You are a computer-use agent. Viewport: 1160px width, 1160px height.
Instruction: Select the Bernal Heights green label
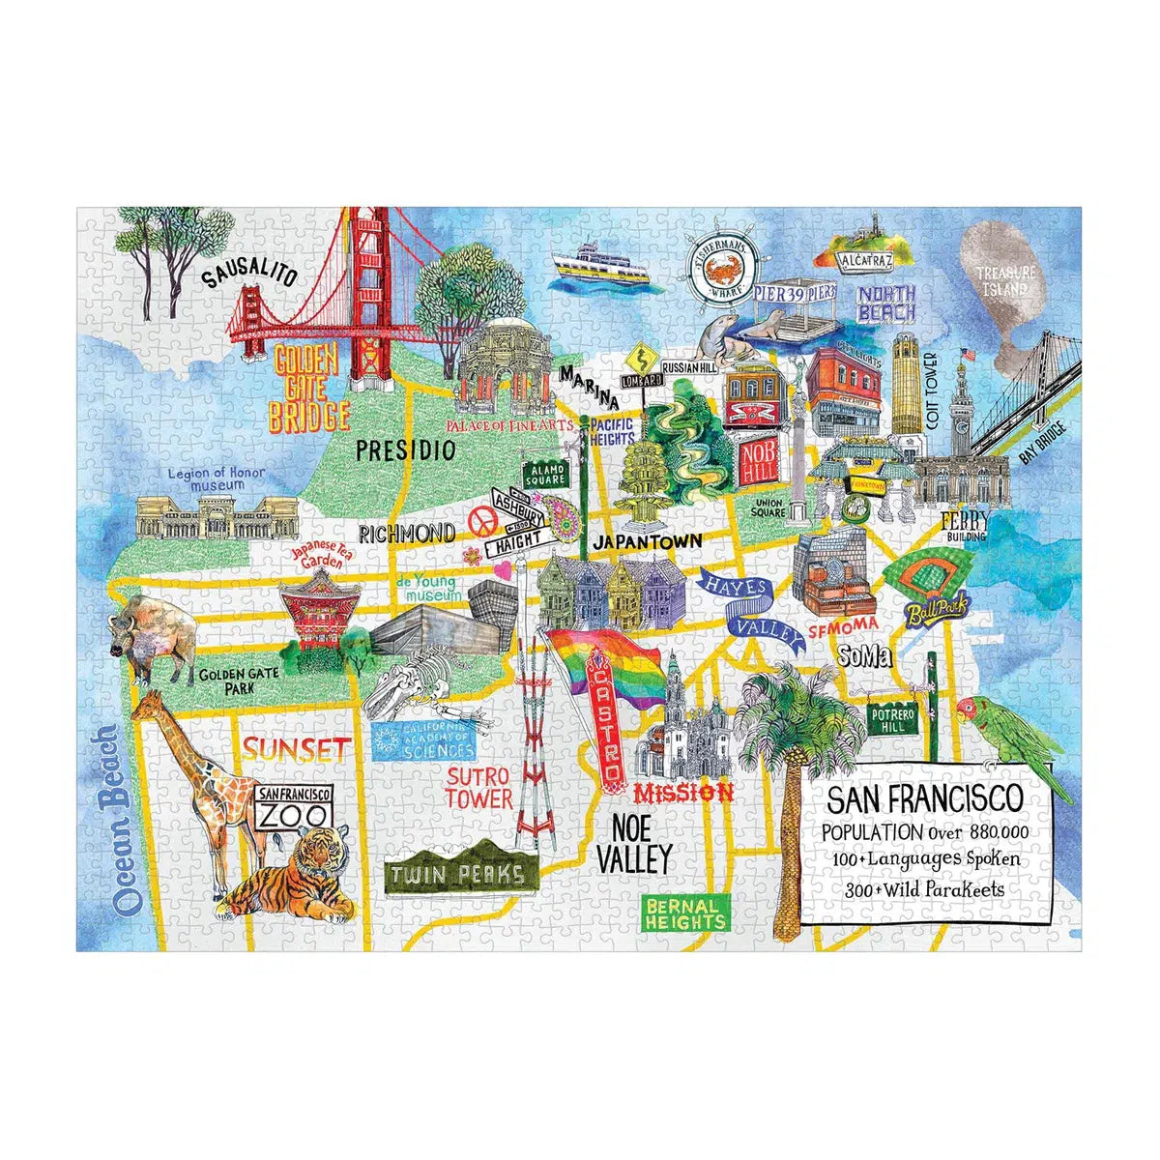click(685, 913)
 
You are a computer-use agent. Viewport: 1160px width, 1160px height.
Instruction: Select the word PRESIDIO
click(405, 449)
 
